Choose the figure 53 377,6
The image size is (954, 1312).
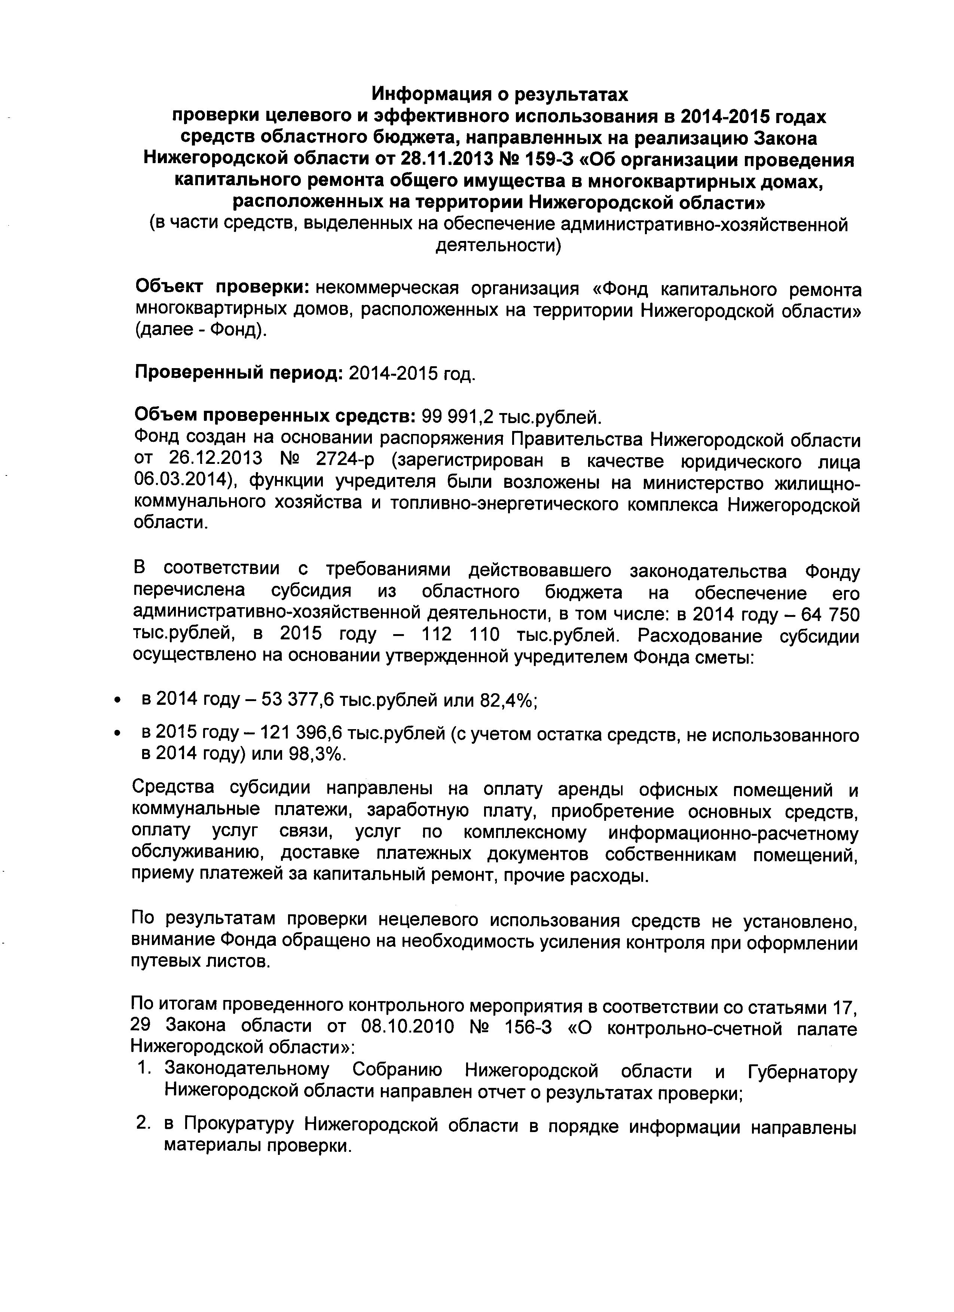[x=299, y=701]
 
